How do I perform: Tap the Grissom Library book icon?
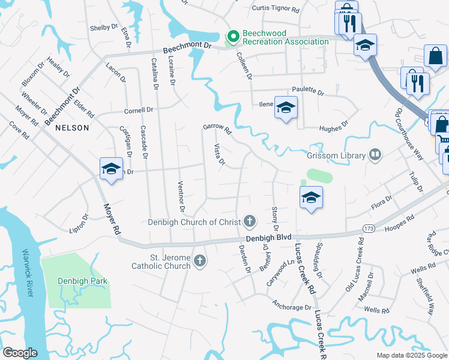tap(375, 155)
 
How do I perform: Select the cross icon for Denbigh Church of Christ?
tap(250, 222)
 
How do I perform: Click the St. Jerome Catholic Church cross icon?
tap(200, 261)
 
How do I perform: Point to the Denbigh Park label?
tap(78, 281)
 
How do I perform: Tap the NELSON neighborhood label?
tap(72, 128)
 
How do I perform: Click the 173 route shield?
tap(367, 229)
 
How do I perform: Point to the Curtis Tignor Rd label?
tap(276, 9)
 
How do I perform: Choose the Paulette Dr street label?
tap(308, 92)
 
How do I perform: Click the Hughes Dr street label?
tap(333, 126)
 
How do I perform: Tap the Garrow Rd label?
tap(217, 127)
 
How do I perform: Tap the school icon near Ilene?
tap(286, 107)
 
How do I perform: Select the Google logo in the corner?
tap(20, 353)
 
